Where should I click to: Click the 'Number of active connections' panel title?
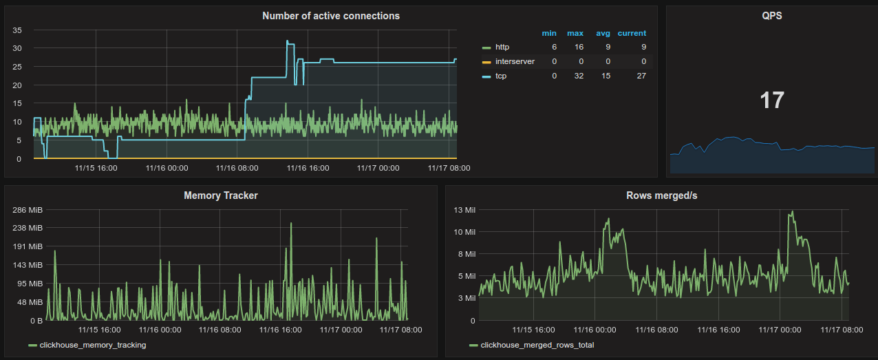pyautogui.click(x=331, y=16)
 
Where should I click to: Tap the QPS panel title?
pyautogui.click(x=771, y=16)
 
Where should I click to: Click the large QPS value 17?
pyautogui.click(x=771, y=100)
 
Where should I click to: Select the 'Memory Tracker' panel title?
pyautogui.click(x=221, y=195)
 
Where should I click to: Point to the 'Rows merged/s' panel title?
pyautogui.click(x=661, y=195)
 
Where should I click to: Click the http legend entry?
pyautogui.click(x=502, y=47)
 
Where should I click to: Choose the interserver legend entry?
pyautogui.click(x=514, y=61)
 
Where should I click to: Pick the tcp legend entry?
pyautogui.click(x=501, y=76)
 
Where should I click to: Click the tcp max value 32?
pyautogui.click(x=578, y=76)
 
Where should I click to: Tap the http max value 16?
pyautogui.click(x=578, y=47)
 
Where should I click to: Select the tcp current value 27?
pyautogui.click(x=641, y=76)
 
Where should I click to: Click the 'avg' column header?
pyautogui.click(x=603, y=33)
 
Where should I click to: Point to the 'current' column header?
pyautogui.click(x=632, y=33)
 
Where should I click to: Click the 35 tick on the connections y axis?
pyautogui.click(x=18, y=30)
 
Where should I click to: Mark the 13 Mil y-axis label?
pyautogui.click(x=461, y=209)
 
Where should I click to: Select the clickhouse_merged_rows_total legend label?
pyautogui.click(x=537, y=345)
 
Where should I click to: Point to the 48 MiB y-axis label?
pyautogui.click(x=31, y=302)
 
